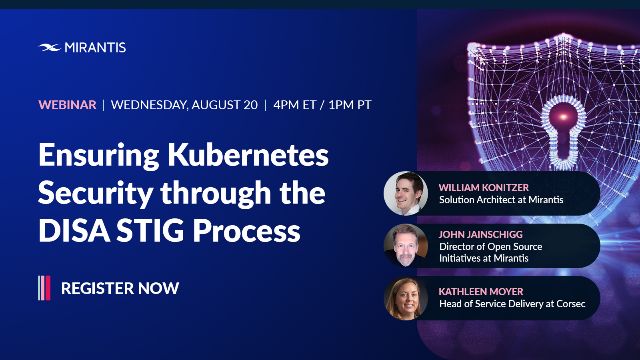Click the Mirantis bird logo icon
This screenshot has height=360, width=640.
50,47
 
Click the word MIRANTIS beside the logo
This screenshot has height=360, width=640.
96,47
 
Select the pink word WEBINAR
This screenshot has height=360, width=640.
67,104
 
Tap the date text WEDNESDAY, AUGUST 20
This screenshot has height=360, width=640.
182,104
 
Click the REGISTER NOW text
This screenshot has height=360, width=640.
120,288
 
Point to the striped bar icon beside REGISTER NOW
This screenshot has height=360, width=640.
44,288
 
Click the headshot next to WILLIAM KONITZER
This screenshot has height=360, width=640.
406,194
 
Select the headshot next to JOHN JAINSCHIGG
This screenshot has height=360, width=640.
406,245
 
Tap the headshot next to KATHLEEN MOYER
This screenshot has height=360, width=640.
406,298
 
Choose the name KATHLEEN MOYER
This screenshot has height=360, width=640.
482,290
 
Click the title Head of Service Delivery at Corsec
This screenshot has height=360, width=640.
513,304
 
